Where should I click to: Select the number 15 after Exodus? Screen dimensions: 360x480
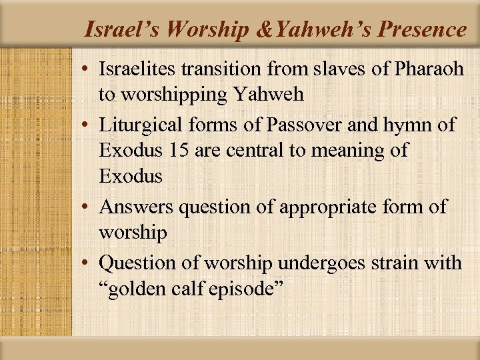point(179,151)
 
